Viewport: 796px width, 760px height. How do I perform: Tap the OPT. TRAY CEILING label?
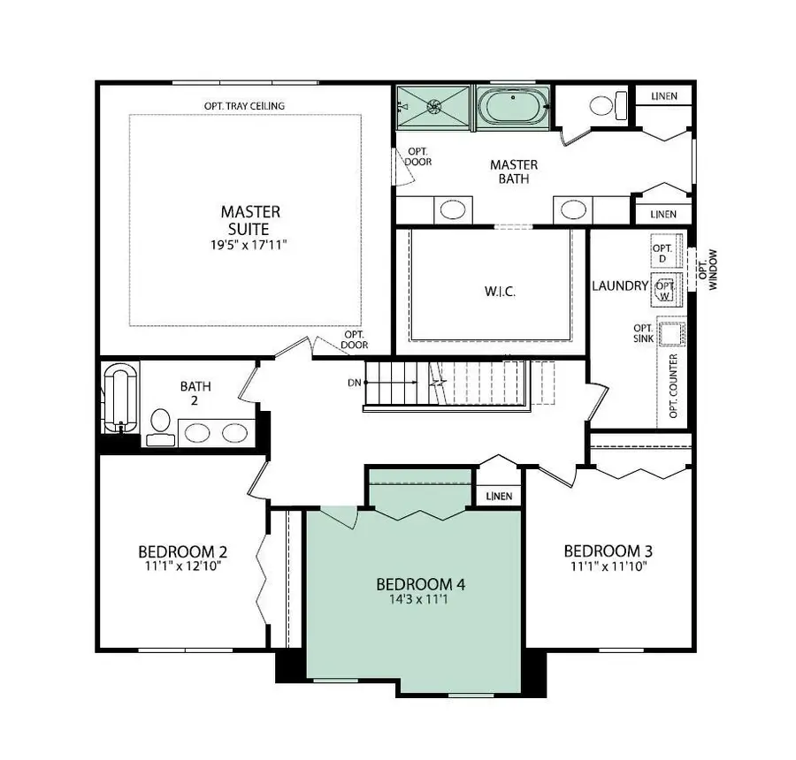click(x=244, y=106)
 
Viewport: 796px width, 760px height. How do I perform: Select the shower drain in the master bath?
click(x=434, y=107)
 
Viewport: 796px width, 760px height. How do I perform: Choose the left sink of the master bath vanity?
click(x=453, y=210)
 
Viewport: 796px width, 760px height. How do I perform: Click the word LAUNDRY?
click(x=619, y=286)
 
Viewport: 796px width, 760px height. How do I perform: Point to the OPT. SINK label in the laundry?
click(x=643, y=333)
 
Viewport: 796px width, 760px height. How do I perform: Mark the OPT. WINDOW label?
click(x=708, y=270)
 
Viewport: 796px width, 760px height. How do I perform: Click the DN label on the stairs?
click(x=354, y=383)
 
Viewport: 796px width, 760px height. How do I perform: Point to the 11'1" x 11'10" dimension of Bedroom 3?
click(x=608, y=566)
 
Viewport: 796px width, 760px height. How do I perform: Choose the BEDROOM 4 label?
click(x=420, y=584)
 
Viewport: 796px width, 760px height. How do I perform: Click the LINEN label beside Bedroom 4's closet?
click(x=499, y=496)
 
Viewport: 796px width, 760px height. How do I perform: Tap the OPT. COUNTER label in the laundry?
click(x=674, y=387)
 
